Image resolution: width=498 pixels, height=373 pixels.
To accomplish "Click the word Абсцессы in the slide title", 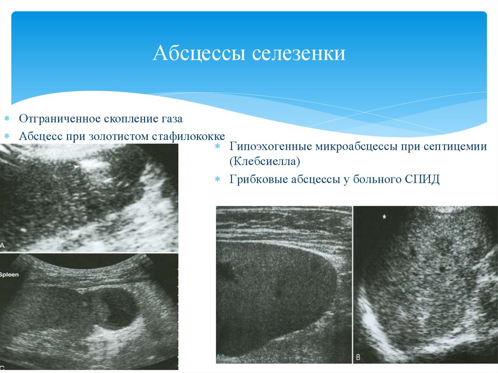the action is [x=199, y=53].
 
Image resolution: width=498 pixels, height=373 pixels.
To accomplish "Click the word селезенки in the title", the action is [x=299, y=53].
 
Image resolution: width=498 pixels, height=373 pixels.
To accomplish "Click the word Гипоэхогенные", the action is [x=271, y=146].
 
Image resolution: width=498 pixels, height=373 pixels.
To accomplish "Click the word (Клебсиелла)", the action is [x=265, y=161].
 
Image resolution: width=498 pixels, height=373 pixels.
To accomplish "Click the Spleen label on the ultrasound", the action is [x=9, y=275].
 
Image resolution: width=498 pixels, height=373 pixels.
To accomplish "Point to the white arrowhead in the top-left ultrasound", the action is [x=76, y=167].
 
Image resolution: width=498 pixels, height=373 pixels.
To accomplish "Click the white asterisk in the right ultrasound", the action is [x=384, y=217].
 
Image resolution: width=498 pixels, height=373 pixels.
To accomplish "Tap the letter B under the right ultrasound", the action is [x=358, y=357].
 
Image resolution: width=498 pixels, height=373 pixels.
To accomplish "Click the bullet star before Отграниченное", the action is [x=7, y=119].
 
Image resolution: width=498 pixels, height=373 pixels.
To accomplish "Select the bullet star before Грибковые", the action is [x=217, y=179].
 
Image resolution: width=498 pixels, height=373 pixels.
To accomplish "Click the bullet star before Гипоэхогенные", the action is [x=217, y=146].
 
